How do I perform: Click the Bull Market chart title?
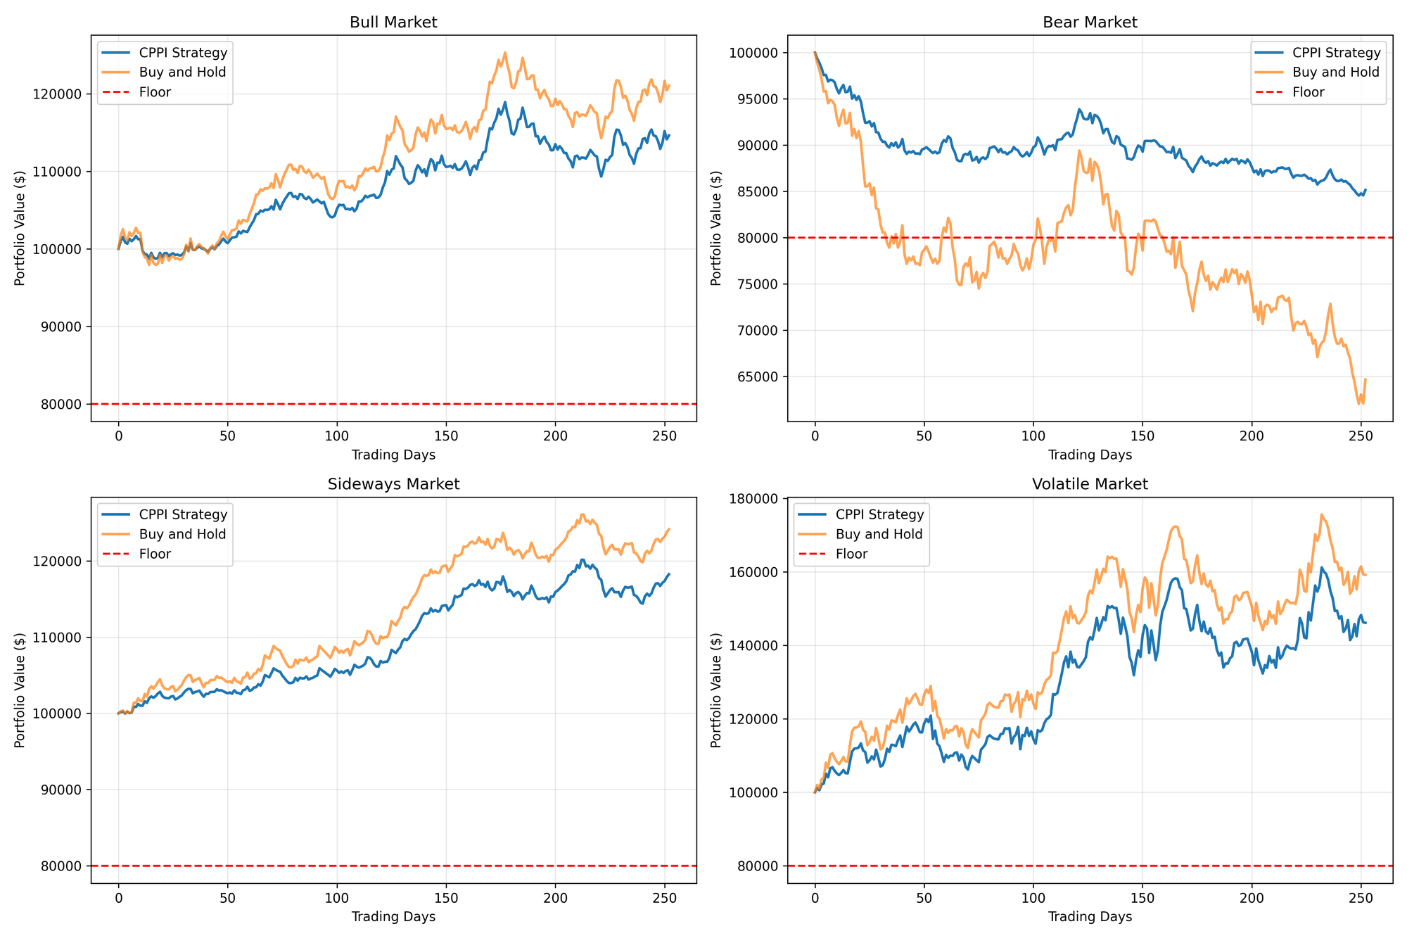[393, 23]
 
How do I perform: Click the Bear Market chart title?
[1090, 23]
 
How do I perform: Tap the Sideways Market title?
[393, 484]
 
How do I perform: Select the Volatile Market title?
[1090, 484]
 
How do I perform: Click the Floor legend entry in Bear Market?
[1308, 92]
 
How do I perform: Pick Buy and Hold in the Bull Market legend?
[182, 72]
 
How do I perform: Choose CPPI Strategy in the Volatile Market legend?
[879, 514]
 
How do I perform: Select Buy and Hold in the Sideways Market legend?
[182, 534]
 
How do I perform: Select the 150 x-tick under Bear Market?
[1142, 436]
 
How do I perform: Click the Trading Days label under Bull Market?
[393, 455]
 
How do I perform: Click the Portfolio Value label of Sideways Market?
[20, 690]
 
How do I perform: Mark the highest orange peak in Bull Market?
[505, 52]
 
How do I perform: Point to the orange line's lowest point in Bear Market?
[1358, 404]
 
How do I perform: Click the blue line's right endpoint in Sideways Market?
[669, 574]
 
